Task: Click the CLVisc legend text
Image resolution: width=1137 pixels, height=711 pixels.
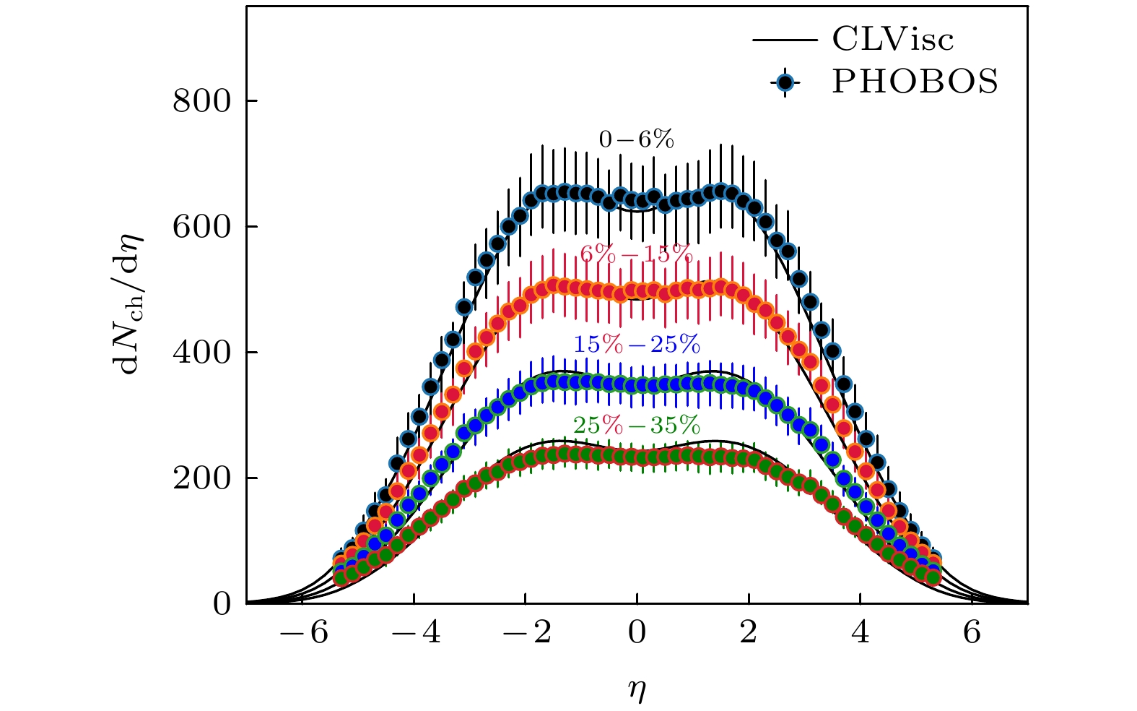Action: (892, 40)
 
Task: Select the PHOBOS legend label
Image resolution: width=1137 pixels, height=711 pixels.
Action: (915, 82)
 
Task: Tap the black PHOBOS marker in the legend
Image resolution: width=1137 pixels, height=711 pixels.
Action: (785, 82)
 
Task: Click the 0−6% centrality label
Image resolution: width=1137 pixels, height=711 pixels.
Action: (636, 140)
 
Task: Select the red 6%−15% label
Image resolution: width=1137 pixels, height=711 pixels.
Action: (636, 254)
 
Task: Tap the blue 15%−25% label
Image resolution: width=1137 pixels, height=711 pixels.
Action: (637, 345)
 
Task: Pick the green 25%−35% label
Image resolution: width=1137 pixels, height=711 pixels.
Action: (637, 425)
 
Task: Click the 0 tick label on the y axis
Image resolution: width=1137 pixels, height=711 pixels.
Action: (222, 604)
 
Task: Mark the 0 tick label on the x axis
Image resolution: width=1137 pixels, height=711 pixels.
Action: (637, 634)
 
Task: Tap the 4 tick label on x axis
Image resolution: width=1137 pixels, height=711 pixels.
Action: (861, 634)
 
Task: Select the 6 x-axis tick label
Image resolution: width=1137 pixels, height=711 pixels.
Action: (972, 634)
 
